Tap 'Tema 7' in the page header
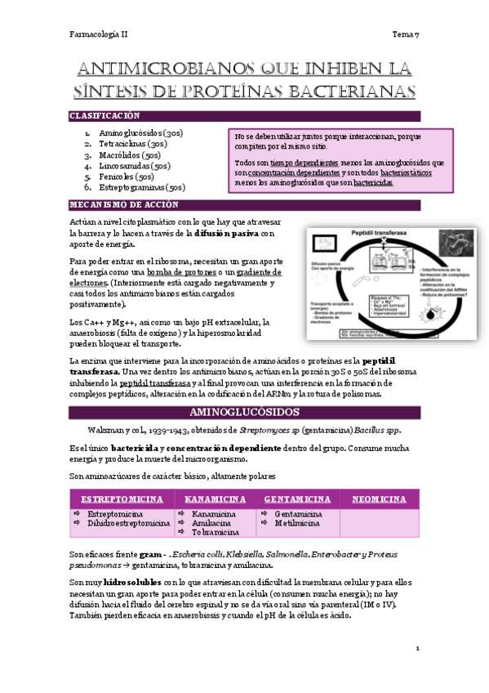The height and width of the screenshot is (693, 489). (x=406, y=34)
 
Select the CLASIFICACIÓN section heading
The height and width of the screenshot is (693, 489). (x=105, y=117)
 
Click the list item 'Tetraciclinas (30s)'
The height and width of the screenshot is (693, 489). (x=133, y=143)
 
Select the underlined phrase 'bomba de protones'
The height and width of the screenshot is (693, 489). (x=184, y=271)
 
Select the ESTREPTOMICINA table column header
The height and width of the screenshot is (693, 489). (x=121, y=499)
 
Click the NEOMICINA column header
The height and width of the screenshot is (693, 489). (x=379, y=499)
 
